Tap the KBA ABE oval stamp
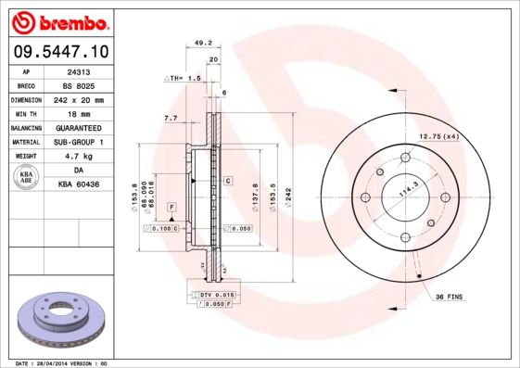(26, 178)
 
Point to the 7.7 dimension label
(171, 119)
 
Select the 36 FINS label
(450, 298)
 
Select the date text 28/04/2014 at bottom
(62, 363)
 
